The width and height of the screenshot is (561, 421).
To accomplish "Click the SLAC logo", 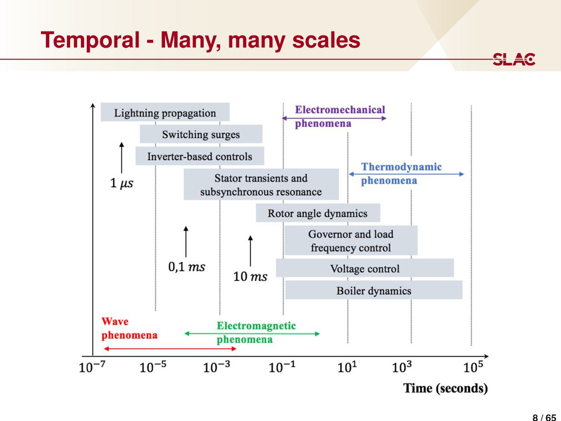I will [x=514, y=59].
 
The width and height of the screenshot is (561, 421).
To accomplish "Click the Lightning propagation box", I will [x=165, y=113].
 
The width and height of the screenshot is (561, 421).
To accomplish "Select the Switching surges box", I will [x=201, y=134].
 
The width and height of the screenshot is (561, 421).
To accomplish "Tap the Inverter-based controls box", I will [x=199, y=156].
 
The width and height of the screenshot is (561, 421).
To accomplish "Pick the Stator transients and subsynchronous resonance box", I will [x=261, y=185].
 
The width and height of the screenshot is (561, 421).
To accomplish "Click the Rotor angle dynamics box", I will [x=317, y=213].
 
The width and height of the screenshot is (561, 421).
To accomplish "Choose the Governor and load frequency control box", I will [x=350, y=241].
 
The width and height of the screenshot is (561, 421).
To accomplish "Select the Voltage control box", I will [x=365, y=268].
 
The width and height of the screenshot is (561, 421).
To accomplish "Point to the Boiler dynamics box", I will [x=374, y=290].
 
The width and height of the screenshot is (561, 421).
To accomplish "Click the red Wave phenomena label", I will [x=129, y=328].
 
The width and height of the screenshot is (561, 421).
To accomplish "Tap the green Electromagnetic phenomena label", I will [x=256, y=332].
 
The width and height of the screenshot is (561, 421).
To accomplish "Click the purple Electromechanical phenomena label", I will [x=339, y=116].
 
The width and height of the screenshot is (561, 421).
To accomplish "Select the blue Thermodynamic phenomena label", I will [x=401, y=173].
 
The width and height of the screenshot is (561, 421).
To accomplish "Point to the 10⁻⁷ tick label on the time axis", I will [x=93, y=367].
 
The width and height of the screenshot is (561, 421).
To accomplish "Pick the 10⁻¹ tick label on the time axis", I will [x=283, y=367].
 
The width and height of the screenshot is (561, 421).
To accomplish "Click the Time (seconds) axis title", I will [x=445, y=388].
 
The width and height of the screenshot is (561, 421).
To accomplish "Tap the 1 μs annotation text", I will [x=122, y=183].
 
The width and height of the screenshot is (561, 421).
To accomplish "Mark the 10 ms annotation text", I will [x=250, y=276].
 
